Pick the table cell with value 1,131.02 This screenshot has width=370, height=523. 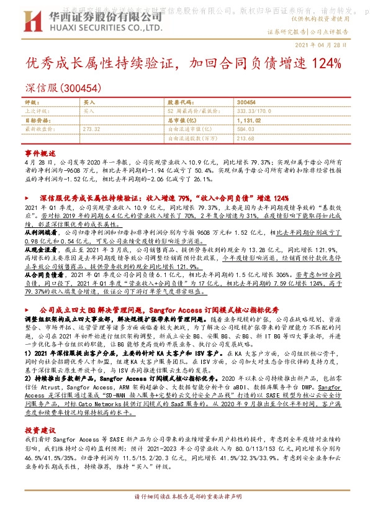pos(250,120)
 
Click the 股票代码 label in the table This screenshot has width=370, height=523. pos(180,102)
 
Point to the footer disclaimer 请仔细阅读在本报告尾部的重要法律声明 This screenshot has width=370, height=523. pos(184,516)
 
